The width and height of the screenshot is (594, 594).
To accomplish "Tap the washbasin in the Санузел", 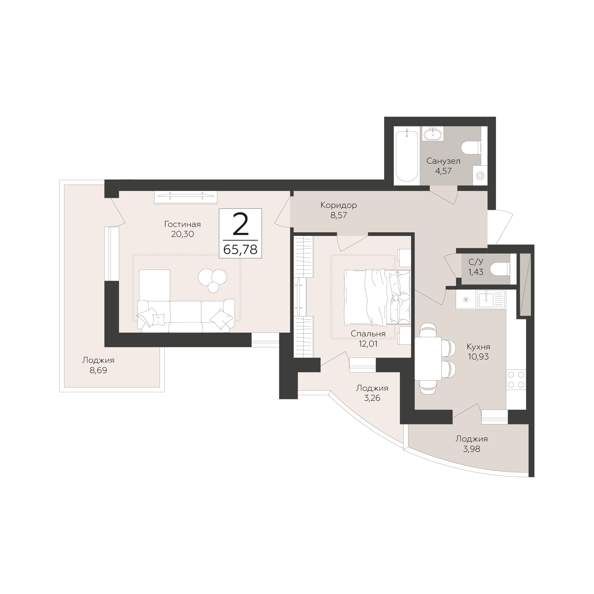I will (x=433, y=133).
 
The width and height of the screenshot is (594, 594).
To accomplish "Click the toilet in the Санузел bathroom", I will (x=471, y=147).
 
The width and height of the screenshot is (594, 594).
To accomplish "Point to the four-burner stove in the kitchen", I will (x=516, y=379).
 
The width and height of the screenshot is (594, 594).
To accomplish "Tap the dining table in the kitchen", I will (x=428, y=359).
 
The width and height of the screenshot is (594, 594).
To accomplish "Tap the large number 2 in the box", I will (x=241, y=224).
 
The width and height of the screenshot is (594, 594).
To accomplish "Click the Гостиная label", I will (x=182, y=224).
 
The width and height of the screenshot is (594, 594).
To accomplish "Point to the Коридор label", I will (x=339, y=205).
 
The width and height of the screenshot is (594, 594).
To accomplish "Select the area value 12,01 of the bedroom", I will (x=368, y=344).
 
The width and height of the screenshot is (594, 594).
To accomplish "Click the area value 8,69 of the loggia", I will (x=98, y=370).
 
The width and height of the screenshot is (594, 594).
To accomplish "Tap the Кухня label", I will (x=478, y=347).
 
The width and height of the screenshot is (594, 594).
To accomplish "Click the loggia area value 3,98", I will (x=471, y=449).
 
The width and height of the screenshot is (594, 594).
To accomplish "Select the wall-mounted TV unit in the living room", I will (x=186, y=197).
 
